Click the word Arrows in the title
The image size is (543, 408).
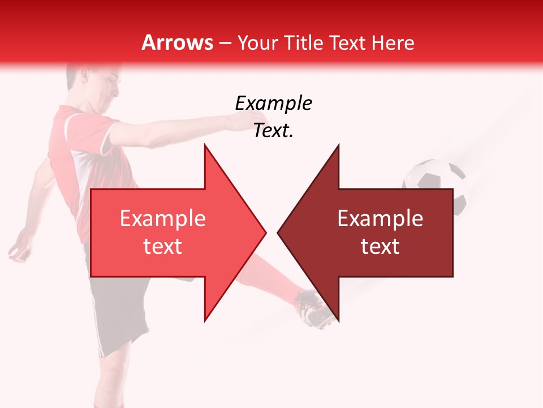coord(178,42)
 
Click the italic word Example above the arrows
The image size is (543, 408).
coord(273,104)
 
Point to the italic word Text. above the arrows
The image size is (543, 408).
coord(273,131)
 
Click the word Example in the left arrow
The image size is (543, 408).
coord(163,218)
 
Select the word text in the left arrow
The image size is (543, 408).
coord(163,246)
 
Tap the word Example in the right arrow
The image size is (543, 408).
coord(380,218)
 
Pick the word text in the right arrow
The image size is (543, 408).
coord(380,246)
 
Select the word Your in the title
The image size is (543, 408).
coord(255,42)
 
